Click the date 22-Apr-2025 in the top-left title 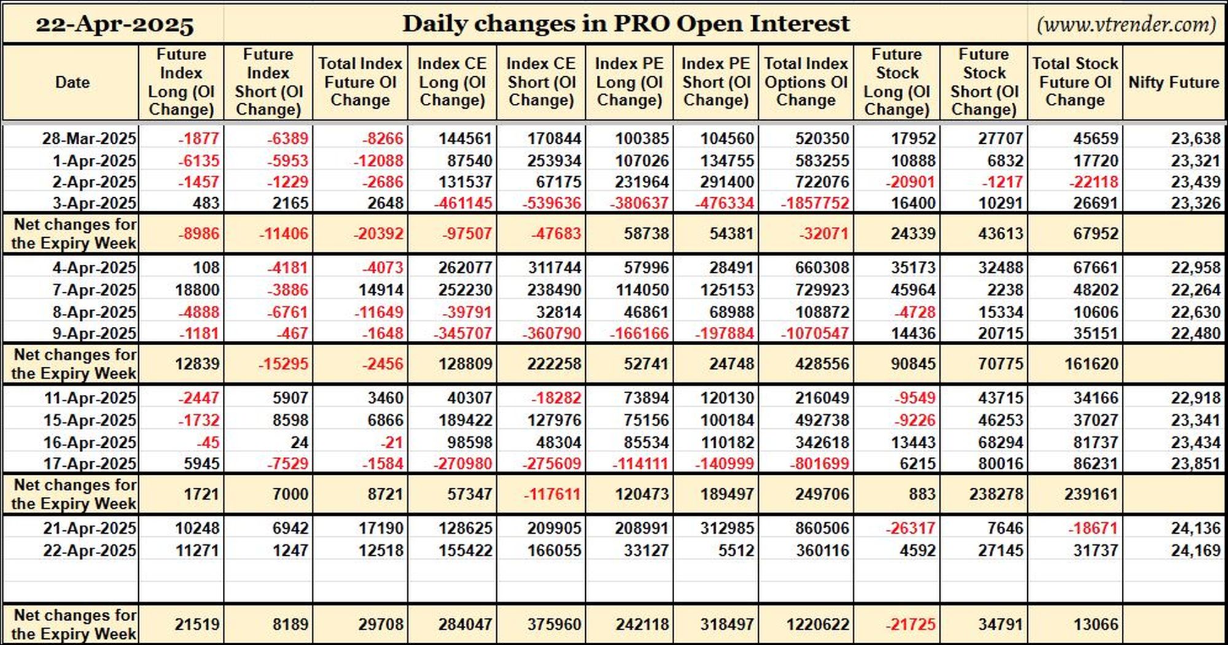pyautogui.click(x=114, y=25)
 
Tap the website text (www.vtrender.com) pyautogui.click(x=1126, y=25)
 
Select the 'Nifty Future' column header pyautogui.click(x=1173, y=82)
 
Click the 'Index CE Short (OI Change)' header pyautogui.click(x=541, y=82)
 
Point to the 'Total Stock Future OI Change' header pyautogui.click(x=1075, y=82)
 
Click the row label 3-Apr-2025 pyautogui.click(x=95, y=203)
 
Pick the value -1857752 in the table pyautogui.click(x=815, y=203)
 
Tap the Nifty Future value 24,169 pyautogui.click(x=1195, y=550)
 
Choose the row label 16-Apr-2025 pyautogui.click(x=90, y=443)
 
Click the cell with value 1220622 pyautogui.click(x=818, y=625)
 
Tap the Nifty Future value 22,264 pyautogui.click(x=1195, y=290)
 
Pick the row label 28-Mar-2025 pyautogui.click(x=89, y=139)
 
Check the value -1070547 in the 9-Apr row pyautogui.click(x=815, y=334)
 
